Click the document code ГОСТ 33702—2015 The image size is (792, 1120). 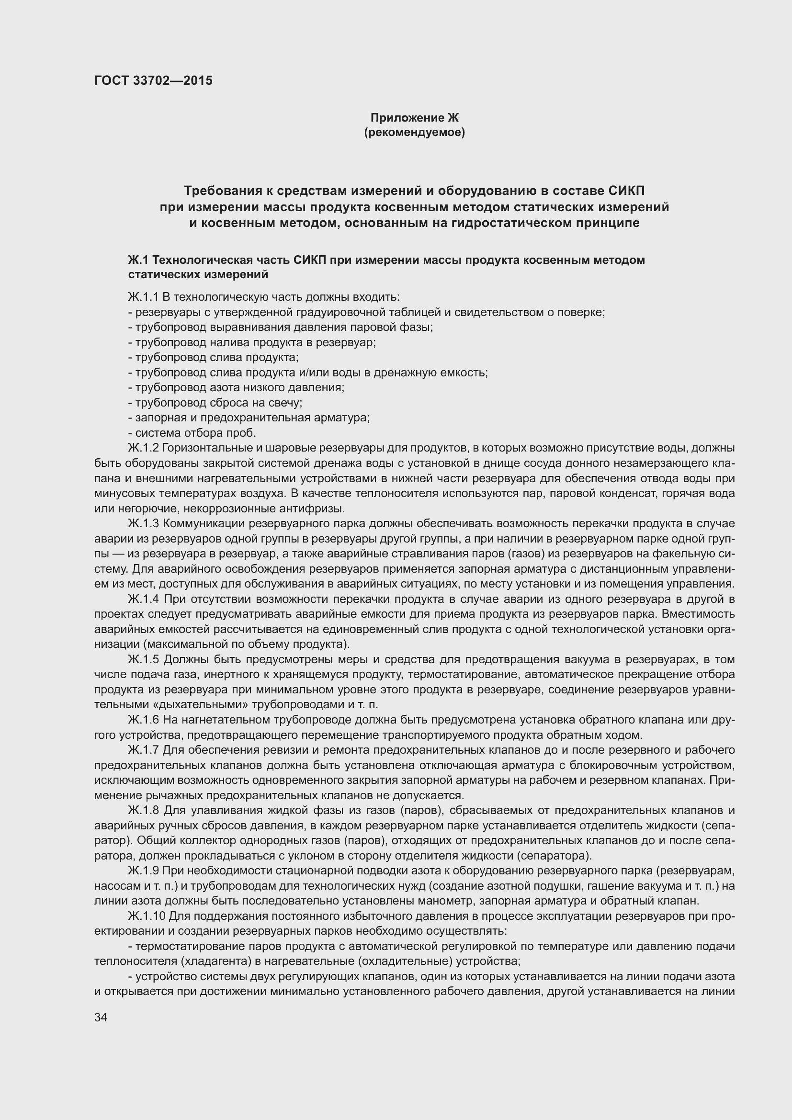tap(153, 80)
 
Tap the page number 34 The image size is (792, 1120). tap(101, 1018)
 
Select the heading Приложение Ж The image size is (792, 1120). tap(415, 118)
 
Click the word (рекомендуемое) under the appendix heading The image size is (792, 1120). tap(415, 132)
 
